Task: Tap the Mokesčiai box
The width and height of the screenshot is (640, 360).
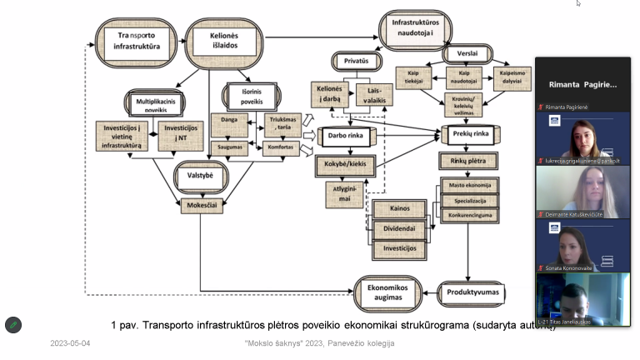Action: click(202, 202)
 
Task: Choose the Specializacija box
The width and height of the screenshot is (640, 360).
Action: click(470, 201)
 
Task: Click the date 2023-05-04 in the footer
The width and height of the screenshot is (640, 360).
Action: click(70, 343)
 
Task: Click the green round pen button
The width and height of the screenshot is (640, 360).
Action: click(12, 324)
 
